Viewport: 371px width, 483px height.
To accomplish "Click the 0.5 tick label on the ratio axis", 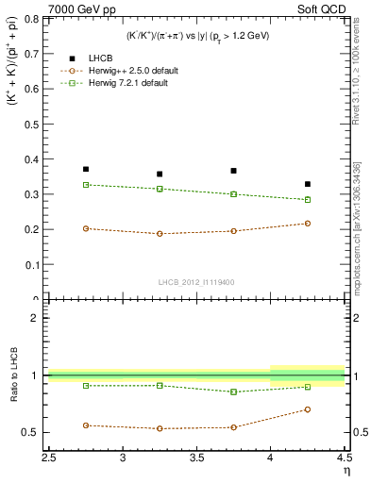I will coord(33,433).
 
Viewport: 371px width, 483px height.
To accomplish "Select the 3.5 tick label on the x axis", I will coord(196,459).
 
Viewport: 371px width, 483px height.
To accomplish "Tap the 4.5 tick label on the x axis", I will coord(343,459).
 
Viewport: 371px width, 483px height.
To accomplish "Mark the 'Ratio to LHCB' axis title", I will coord(12,377).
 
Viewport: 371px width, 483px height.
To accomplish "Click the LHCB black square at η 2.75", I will coord(86,170).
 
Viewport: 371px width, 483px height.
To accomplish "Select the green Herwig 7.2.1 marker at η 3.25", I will coord(160,189).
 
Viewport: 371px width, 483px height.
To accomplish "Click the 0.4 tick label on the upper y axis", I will coord(33,158).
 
